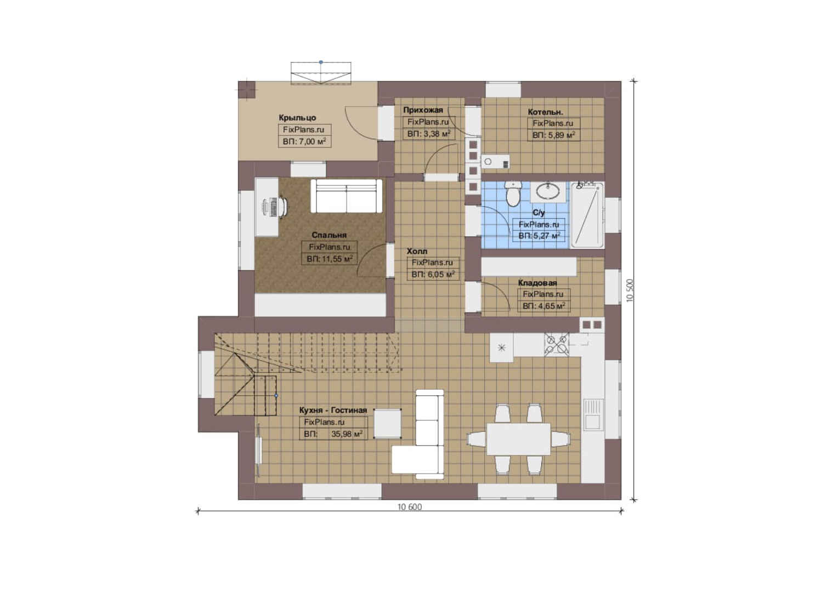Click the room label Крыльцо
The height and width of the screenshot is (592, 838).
coord(297,118)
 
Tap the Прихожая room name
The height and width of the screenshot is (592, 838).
coord(423,110)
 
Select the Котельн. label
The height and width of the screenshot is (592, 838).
coord(546,112)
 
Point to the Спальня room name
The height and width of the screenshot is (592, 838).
coord(329,235)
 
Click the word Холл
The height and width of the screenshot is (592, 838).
coord(417,251)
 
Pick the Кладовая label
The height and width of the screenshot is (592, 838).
coord(537,283)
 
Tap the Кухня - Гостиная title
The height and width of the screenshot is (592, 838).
coord(333,410)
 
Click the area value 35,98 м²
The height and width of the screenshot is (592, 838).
coord(347,434)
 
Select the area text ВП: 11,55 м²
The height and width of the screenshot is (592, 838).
coord(330,259)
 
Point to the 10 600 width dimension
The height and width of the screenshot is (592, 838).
coord(410,506)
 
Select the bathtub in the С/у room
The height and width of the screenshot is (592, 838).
coord(587,215)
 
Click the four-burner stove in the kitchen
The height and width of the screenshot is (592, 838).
coord(557,344)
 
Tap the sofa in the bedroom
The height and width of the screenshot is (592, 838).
coord(347,196)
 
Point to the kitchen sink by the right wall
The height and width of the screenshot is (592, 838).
coord(593,414)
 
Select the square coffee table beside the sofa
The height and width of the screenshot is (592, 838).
coord(388,423)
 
